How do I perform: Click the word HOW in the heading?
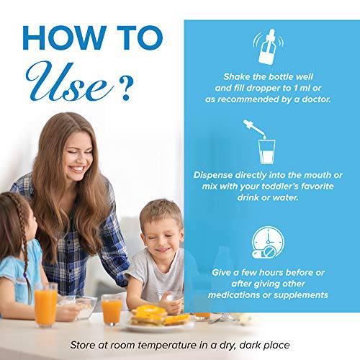click(x=64, y=38)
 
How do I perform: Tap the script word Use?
click(x=70, y=81)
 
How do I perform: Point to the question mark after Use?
click(x=125, y=88)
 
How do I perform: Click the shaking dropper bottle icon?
click(x=268, y=46)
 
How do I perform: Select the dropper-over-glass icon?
click(x=261, y=142)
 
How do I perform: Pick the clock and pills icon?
click(x=268, y=243)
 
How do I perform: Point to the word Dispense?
click(x=213, y=175)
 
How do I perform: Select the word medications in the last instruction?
click(x=234, y=295)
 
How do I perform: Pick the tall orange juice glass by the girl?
click(x=46, y=305)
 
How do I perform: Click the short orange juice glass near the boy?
click(x=112, y=310)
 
